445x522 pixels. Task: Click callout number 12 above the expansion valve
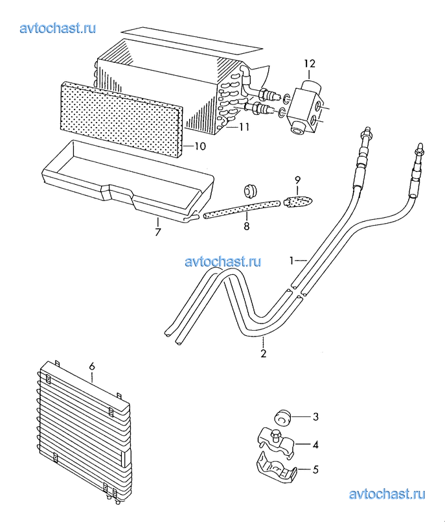(x=310, y=64)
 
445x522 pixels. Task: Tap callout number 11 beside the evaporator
(x=244, y=127)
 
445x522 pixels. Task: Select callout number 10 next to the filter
(x=200, y=146)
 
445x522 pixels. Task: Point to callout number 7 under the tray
(x=157, y=231)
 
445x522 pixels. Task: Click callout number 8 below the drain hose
(x=246, y=226)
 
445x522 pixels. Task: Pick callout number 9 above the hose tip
(x=298, y=180)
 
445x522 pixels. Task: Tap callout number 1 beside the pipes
(x=291, y=261)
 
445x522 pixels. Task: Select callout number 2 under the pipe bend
(x=264, y=353)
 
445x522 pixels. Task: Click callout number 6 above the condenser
(x=92, y=366)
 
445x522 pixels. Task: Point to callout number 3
(x=315, y=416)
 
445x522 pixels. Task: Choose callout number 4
(x=315, y=444)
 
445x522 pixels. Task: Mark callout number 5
(x=315, y=469)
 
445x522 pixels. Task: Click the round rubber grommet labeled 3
(x=282, y=418)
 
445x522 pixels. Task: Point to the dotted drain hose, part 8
(x=242, y=209)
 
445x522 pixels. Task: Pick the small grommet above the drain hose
(x=250, y=190)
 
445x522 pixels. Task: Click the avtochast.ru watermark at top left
(x=58, y=29)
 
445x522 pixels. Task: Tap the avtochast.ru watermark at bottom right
(x=387, y=494)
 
